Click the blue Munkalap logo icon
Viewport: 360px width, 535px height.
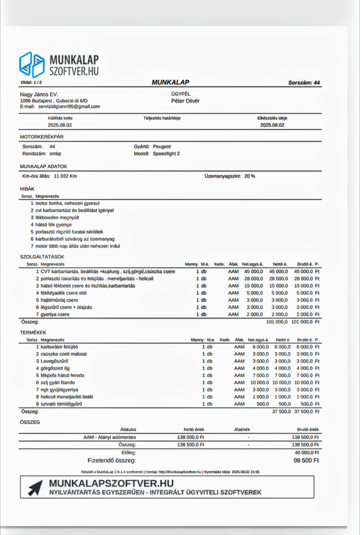tap(32, 65)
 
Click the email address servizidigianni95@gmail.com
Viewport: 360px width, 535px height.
tap(69, 107)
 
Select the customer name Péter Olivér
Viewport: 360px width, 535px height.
tap(185, 101)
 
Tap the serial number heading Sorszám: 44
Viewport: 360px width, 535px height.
tap(304, 83)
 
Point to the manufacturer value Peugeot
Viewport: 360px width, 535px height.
tap(162, 147)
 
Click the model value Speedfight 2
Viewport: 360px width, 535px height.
tap(166, 154)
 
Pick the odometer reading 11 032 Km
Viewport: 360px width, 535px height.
tap(65, 176)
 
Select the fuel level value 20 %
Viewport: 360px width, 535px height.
tap(250, 176)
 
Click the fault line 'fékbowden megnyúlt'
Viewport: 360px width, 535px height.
tap(57, 218)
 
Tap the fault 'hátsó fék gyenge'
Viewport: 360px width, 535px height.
tap(54, 225)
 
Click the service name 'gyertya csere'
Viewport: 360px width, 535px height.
tap(55, 315)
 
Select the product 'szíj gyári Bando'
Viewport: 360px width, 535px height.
tap(58, 383)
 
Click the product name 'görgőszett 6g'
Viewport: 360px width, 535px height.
tap(55, 369)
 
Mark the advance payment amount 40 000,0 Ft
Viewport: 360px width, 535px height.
tap(307, 453)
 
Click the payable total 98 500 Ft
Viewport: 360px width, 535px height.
tap(306, 461)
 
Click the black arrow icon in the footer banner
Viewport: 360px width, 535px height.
tap(35, 488)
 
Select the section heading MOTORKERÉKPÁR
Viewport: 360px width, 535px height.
tap(42, 137)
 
